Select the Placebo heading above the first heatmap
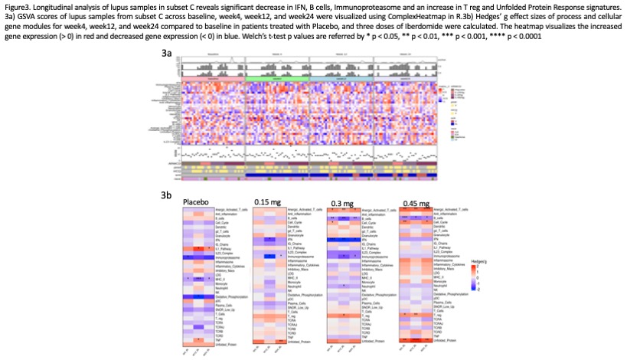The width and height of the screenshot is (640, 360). point(196,204)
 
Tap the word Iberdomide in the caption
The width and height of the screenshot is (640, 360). point(434,27)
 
